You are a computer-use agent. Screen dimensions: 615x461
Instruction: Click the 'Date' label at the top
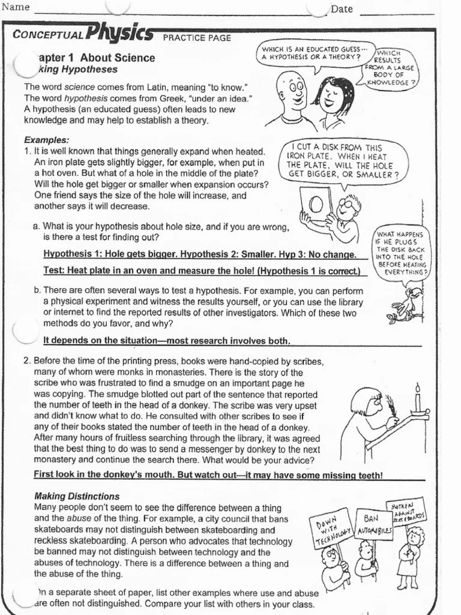click(342, 9)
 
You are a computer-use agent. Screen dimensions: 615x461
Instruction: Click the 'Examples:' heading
click(46, 140)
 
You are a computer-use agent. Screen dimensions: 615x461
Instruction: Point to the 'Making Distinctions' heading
click(77, 497)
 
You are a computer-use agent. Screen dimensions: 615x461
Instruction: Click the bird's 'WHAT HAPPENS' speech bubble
click(402, 253)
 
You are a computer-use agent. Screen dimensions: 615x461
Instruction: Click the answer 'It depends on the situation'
click(167, 341)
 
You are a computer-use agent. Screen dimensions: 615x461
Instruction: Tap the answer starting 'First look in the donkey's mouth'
click(208, 475)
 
